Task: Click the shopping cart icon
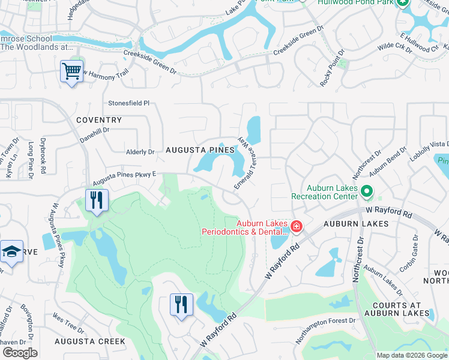pos(72,72)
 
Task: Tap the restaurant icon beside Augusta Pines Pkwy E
pos(97,200)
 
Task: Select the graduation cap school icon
pos(11,252)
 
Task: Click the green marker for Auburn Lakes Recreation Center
pos(367,193)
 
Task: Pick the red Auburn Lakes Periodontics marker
pos(295,226)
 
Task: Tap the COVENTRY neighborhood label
pos(99,120)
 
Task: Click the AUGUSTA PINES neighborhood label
pos(200,150)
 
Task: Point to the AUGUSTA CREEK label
pos(89,341)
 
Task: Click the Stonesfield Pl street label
pos(128,103)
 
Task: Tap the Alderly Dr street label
pos(140,152)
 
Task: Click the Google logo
pos(20,353)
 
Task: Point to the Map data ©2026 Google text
pos(412,355)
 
